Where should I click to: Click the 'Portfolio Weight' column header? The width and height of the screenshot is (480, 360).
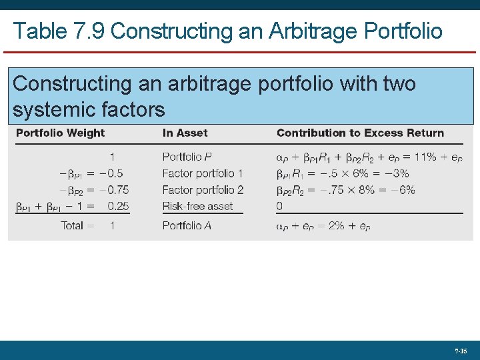coord(60,133)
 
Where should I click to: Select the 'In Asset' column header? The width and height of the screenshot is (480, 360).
coord(185,133)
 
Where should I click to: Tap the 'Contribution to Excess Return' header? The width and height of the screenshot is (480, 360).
coord(360,133)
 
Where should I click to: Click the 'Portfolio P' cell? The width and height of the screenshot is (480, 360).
coord(187,157)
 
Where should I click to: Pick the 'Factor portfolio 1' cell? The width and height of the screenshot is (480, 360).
coord(203,173)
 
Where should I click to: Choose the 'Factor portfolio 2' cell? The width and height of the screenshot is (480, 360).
coord(203,190)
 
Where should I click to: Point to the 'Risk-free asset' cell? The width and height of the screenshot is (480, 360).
coord(197,206)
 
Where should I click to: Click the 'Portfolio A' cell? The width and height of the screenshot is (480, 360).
coord(187,225)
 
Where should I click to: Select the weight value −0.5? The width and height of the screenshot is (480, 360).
coord(114,173)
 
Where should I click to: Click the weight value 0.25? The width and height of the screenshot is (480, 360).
coord(117,206)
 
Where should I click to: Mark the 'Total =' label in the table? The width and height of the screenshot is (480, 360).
coord(77,225)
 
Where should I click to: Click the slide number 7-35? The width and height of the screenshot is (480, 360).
coord(461,350)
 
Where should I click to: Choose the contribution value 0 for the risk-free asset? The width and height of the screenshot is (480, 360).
coord(280,206)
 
